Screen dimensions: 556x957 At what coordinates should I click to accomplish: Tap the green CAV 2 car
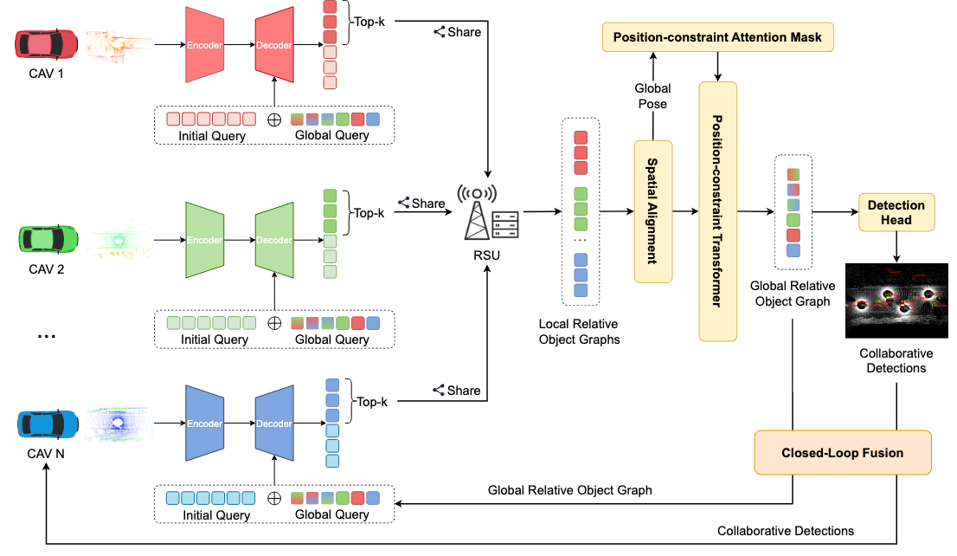pyautogui.click(x=48, y=236)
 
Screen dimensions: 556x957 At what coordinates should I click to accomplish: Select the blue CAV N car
pyautogui.click(x=48, y=424)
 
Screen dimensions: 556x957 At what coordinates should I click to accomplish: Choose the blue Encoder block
pyautogui.click(x=204, y=424)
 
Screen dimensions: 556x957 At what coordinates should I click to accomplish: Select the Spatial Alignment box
pyautogui.click(x=653, y=211)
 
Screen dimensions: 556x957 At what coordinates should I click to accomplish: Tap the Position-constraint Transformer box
pyautogui.click(x=717, y=211)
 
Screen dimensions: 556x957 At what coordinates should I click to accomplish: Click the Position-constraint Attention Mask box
pyautogui.click(x=717, y=36)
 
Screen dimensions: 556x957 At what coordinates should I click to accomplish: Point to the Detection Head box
pyautogui.click(x=896, y=212)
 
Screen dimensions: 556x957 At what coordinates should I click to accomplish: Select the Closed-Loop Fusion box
pyautogui.click(x=842, y=452)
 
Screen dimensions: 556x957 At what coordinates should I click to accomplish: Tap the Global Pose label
pyautogui.click(x=652, y=96)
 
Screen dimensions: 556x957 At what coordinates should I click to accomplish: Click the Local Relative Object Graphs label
pyautogui.click(x=579, y=332)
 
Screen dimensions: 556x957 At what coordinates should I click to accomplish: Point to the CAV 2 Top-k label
pyautogui.click(x=368, y=212)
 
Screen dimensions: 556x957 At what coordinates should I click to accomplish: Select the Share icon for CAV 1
pyautogui.click(x=440, y=32)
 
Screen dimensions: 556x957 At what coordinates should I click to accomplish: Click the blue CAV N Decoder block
pyautogui.click(x=273, y=424)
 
